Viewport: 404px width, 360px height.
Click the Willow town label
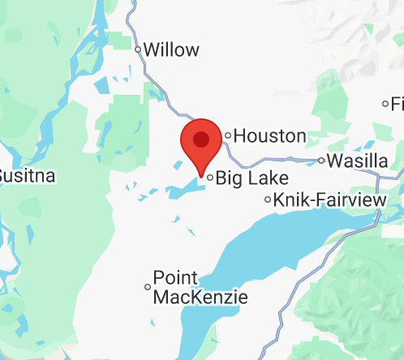[170, 49]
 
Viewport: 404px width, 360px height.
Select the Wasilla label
[358, 160]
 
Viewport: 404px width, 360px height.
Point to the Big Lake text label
[241, 177]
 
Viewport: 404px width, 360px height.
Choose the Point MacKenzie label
[200, 287]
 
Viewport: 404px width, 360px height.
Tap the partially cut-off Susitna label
[15, 175]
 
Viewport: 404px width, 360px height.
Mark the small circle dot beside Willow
[138, 49]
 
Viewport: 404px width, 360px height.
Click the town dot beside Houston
[229, 135]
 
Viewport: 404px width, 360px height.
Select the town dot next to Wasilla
[321, 160]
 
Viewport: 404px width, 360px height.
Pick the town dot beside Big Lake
[210, 177]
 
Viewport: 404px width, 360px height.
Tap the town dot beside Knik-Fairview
[269, 199]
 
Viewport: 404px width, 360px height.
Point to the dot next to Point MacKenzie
[148, 286]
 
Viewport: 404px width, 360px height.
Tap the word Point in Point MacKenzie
[171, 277]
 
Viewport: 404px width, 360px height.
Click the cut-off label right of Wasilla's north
[397, 104]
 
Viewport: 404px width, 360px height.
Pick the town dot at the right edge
[385, 104]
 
